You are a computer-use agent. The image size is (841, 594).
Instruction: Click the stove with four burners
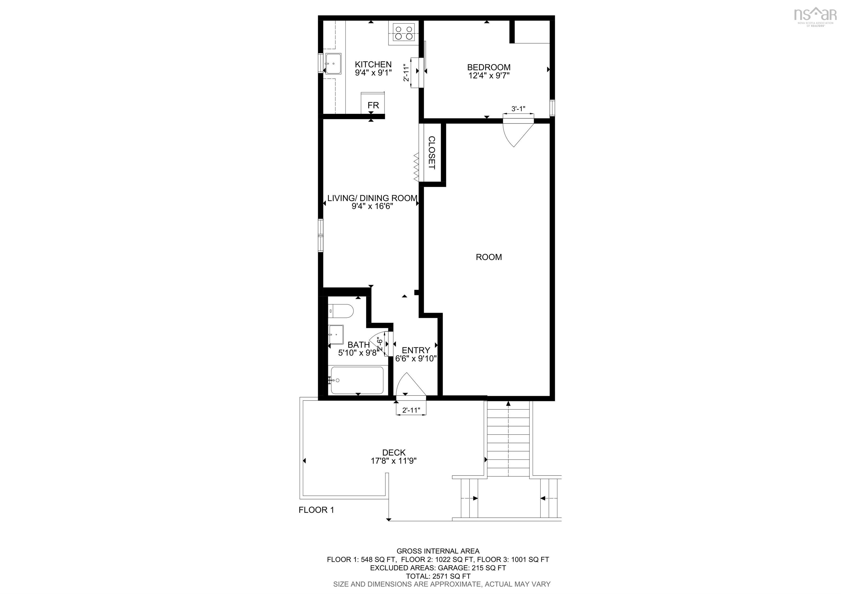(x=404, y=33)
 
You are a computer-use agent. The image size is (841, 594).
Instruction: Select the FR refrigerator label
(x=373, y=105)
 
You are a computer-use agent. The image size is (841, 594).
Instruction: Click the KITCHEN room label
(x=373, y=64)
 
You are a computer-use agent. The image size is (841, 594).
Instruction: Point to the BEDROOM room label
(x=489, y=67)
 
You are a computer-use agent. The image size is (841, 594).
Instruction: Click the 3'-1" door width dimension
(x=518, y=109)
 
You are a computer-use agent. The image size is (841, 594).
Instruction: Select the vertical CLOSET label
(x=431, y=152)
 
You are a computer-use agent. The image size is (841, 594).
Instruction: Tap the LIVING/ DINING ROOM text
(x=372, y=198)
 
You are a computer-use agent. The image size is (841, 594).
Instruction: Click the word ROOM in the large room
(x=489, y=257)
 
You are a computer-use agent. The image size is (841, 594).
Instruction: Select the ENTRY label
(x=416, y=350)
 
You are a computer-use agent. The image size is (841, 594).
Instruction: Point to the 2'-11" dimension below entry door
(x=411, y=410)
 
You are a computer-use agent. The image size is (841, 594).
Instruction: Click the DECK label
(x=394, y=453)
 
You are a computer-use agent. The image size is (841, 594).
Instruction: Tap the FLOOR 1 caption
(x=316, y=510)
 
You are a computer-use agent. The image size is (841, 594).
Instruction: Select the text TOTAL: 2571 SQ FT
(x=438, y=576)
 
